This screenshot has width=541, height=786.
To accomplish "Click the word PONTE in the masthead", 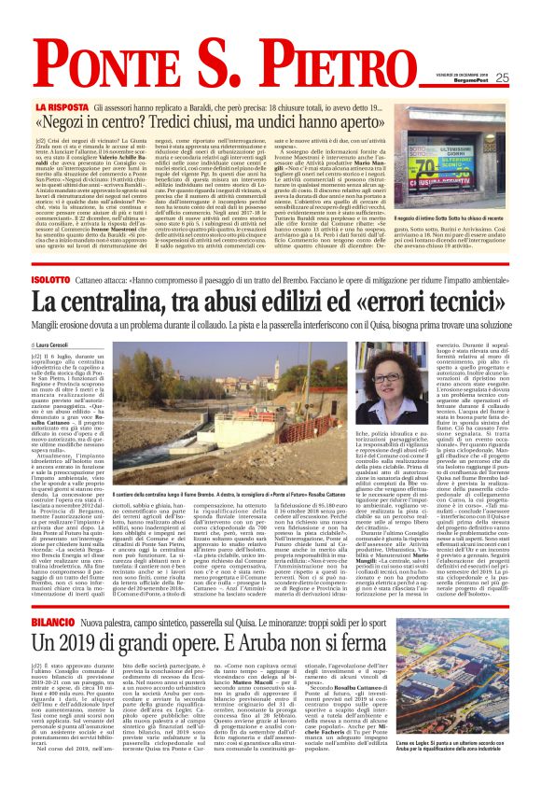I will click(98, 38).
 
